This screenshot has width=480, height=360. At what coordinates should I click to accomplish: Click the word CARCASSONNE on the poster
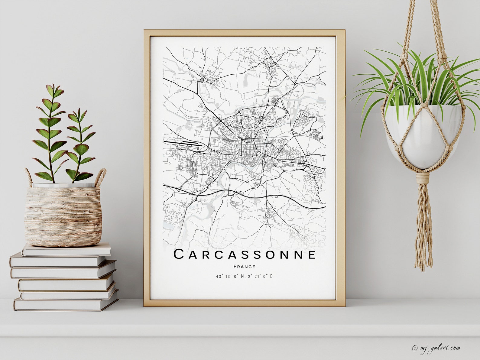pyautogui.click(x=245, y=255)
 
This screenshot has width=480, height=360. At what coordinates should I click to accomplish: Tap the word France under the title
pyautogui.click(x=244, y=267)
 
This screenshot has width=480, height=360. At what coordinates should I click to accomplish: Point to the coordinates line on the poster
pyautogui.click(x=244, y=276)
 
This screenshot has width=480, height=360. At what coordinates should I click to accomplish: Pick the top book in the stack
pyautogui.click(x=66, y=249)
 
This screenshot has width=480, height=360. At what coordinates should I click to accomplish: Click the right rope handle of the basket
pyautogui.click(x=101, y=177)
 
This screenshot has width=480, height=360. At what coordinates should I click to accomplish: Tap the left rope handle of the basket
pyautogui.click(x=28, y=177)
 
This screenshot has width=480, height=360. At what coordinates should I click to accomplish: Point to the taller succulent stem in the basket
pyautogui.click(x=51, y=133)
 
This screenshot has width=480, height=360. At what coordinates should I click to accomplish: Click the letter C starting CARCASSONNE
pyautogui.click(x=179, y=255)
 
